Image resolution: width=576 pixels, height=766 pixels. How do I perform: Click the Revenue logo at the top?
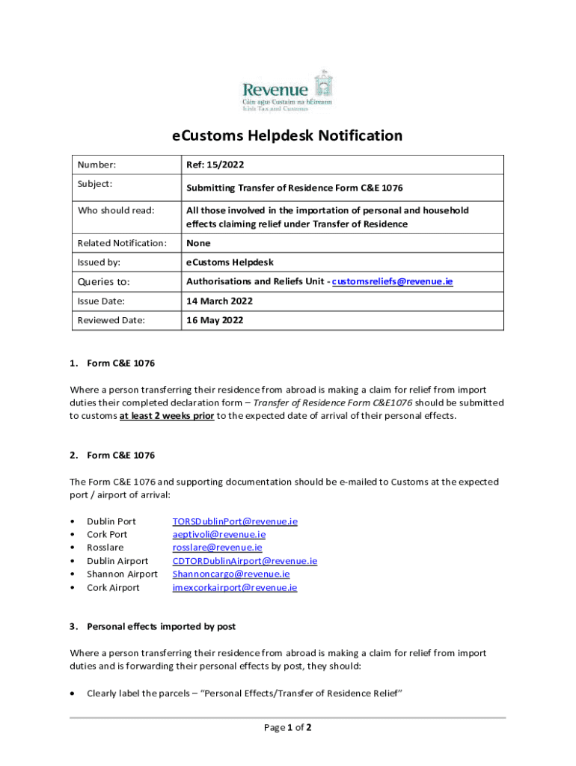pyautogui.click(x=287, y=91)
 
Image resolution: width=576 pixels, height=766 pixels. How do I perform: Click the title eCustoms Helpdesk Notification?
pyautogui.click(x=287, y=135)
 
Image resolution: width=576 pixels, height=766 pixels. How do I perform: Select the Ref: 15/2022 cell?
pyautogui.click(x=215, y=165)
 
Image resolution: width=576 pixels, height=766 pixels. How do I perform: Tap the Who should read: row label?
pyautogui.click(x=116, y=210)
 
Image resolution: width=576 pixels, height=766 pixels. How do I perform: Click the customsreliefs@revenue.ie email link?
pyautogui.click(x=392, y=281)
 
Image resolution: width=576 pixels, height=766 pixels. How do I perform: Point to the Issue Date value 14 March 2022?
pyautogui.click(x=219, y=301)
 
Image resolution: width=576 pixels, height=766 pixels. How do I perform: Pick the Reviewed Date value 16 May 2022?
pyautogui.click(x=215, y=320)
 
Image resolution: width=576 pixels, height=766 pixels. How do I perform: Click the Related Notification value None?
pyautogui.click(x=198, y=243)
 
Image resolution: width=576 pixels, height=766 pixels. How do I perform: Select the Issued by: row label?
pyautogui.click(x=99, y=263)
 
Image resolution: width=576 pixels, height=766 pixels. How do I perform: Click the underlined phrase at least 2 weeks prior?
pyautogui.click(x=167, y=416)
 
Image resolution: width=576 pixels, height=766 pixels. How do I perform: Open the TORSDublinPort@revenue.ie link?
pyautogui.click(x=235, y=521)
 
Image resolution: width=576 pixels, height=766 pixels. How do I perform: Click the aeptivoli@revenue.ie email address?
pyautogui.click(x=218, y=534)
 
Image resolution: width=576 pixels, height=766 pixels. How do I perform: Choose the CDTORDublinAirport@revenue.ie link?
pyautogui.click(x=245, y=561)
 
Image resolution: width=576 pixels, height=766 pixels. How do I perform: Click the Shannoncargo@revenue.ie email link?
pyautogui.click(x=231, y=574)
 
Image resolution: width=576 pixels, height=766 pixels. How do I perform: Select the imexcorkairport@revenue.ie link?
pyautogui.click(x=234, y=588)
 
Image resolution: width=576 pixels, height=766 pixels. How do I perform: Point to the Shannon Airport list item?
pyautogui.click(x=122, y=574)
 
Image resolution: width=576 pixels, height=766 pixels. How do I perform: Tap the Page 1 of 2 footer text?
pyautogui.click(x=287, y=727)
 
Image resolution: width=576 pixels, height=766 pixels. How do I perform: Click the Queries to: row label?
pyautogui.click(x=104, y=281)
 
